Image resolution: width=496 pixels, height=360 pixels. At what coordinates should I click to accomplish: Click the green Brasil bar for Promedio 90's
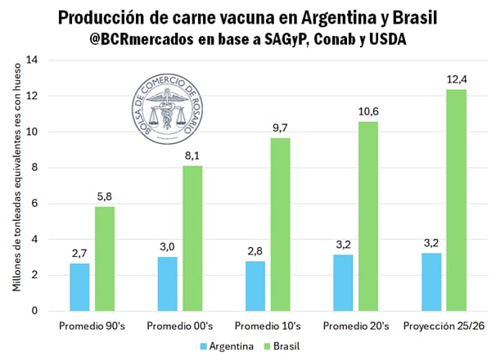click(x=105, y=259)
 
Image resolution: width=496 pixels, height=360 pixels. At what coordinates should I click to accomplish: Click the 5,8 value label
click(x=105, y=197)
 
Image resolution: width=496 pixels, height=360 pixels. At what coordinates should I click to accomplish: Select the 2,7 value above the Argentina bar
click(x=79, y=253)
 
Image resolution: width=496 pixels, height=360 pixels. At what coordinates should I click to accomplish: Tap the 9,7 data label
click(x=280, y=128)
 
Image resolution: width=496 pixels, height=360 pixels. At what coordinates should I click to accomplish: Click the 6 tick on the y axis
click(x=35, y=204)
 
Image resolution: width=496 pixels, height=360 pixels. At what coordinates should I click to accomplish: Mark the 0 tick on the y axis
click(x=35, y=311)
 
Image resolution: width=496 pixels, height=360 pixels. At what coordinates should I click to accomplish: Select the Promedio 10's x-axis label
click(x=268, y=326)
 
